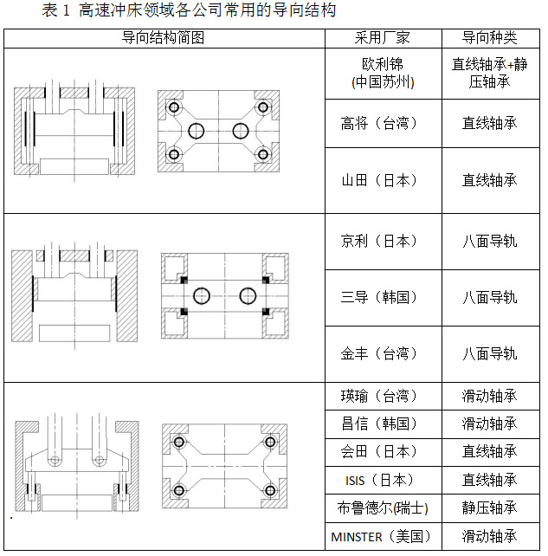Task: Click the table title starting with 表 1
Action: click(x=189, y=11)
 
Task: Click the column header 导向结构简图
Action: click(x=164, y=38)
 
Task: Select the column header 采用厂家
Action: click(x=383, y=38)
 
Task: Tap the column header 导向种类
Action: click(x=489, y=38)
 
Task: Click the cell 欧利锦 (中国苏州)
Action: click(x=383, y=73)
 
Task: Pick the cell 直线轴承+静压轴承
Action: click(x=489, y=73)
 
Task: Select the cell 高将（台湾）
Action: click(x=383, y=123)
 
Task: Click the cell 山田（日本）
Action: click(x=383, y=180)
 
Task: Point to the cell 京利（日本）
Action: click(x=383, y=241)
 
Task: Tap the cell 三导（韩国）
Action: click(x=383, y=297)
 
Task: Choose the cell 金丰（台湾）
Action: click(x=383, y=353)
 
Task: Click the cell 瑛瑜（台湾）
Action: click(x=383, y=396)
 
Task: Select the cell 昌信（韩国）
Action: click(x=383, y=423)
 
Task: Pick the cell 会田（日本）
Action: click(x=383, y=451)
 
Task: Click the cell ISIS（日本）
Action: click(x=383, y=479)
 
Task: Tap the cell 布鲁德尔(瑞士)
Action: click(x=383, y=508)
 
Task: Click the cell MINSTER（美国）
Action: click(x=383, y=536)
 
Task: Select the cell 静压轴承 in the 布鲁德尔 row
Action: click(x=489, y=508)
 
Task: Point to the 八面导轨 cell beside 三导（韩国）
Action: click(x=489, y=297)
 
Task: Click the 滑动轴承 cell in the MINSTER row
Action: click(x=489, y=536)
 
